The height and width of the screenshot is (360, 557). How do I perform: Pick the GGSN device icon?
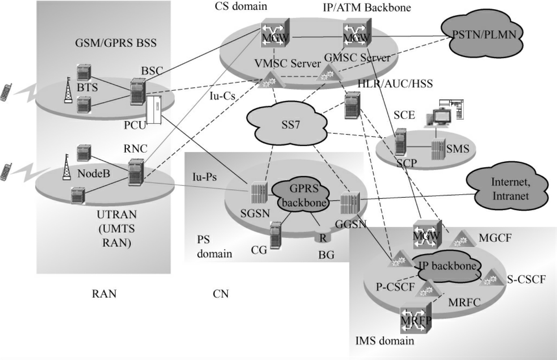[x=350, y=203]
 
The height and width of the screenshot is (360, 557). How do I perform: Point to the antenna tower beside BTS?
[x=68, y=90]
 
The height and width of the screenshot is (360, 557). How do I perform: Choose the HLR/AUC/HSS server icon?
[x=352, y=105]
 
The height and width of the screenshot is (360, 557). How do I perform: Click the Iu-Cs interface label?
[x=222, y=96]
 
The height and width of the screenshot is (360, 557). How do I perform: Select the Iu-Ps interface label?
[x=204, y=177]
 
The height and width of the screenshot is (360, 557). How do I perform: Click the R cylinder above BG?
[x=323, y=237]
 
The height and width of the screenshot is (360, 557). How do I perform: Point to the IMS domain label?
[x=384, y=340]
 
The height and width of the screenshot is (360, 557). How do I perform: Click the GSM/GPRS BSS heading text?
[x=116, y=43]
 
